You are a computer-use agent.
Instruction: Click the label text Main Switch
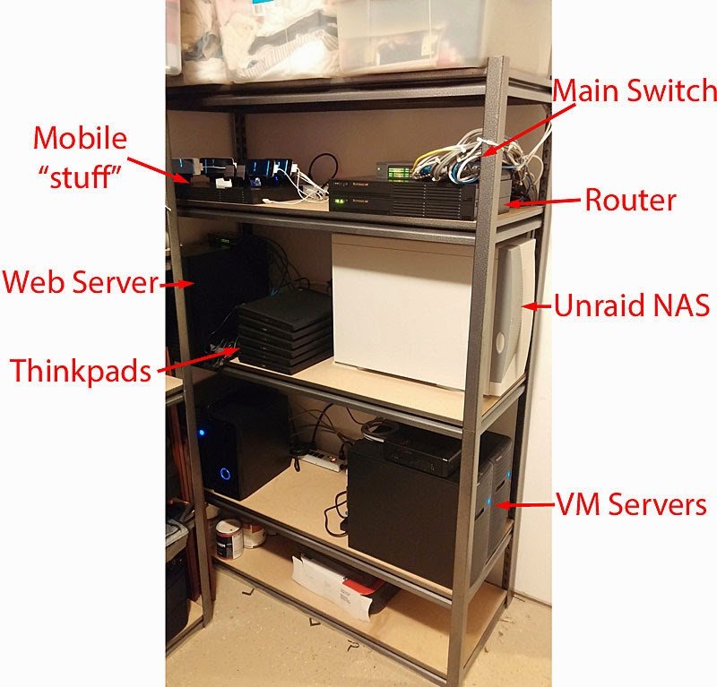pos(635,90)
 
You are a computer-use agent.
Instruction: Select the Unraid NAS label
pos(632,306)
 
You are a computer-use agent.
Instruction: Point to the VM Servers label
pos(631,504)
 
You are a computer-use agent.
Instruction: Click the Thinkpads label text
pos(81,370)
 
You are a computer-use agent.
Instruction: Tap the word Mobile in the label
pos(80,139)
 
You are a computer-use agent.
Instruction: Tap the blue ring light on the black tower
pos(225,473)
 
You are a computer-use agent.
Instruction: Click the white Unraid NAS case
pos(403,309)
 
